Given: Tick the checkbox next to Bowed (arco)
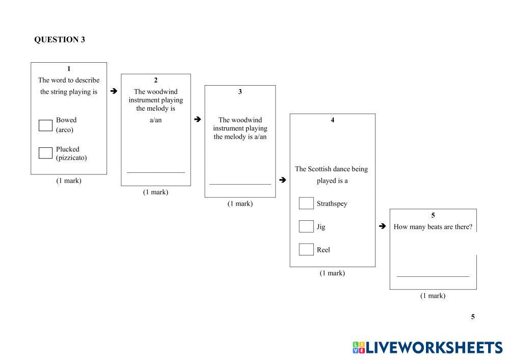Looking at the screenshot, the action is (x=45, y=125).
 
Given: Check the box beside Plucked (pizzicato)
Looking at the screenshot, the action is (x=45, y=153).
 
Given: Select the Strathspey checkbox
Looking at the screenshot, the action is (x=306, y=203).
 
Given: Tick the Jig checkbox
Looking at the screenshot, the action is (x=306, y=226).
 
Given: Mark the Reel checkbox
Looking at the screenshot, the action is (x=306, y=249).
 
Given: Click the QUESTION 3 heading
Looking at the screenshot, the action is (x=60, y=40).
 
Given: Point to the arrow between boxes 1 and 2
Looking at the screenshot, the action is (x=114, y=91).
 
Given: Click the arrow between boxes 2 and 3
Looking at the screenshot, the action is (x=198, y=119).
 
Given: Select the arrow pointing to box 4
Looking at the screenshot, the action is (x=282, y=179).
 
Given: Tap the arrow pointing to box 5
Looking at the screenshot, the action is (x=382, y=226).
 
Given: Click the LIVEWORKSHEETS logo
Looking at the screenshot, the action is (x=427, y=348).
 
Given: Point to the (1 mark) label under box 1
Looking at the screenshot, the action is (x=69, y=181).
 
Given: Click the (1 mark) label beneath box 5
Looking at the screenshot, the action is (x=433, y=296).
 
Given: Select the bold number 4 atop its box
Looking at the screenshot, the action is (x=333, y=120).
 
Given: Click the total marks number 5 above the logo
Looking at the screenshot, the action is (x=473, y=317).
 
